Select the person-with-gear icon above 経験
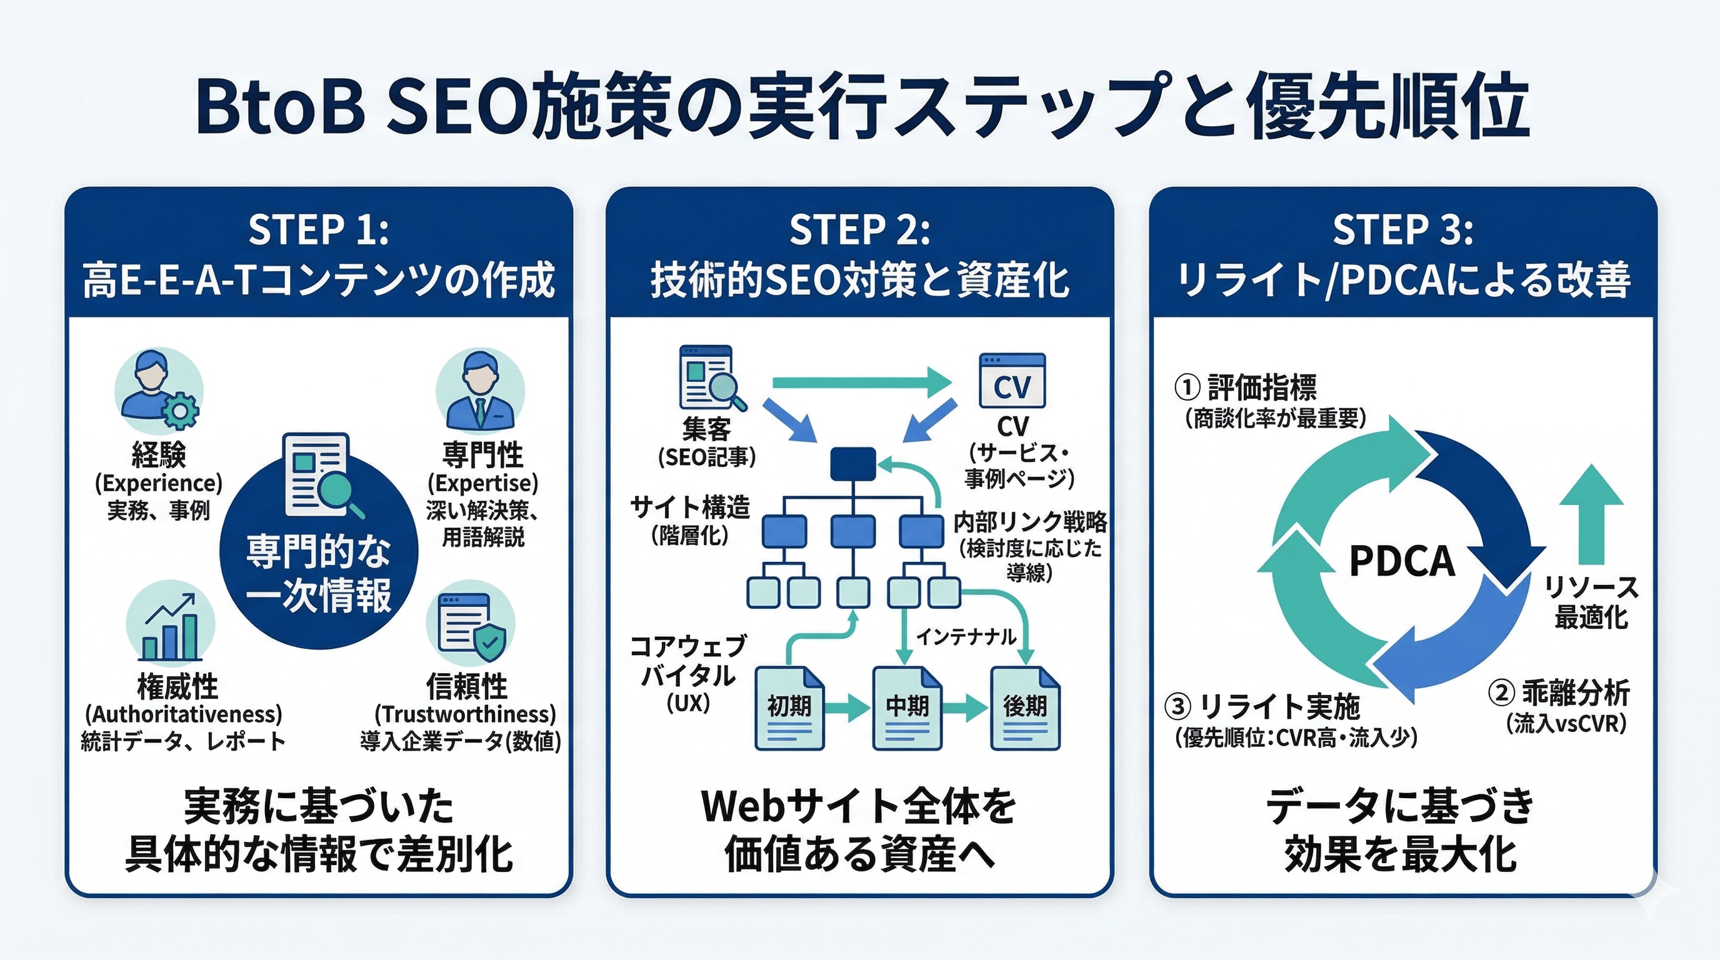tap(159, 391)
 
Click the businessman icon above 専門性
tap(480, 391)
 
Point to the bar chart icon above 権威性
tap(170, 624)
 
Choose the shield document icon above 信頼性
tap(471, 624)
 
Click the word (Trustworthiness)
tap(466, 714)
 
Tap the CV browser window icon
tap(1012, 381)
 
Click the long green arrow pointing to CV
tap(861, 382)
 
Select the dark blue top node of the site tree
tap(852, 464)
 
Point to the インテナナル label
tap(966, 637)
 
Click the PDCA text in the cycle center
tap(1401, 561)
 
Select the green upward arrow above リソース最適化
tap(1591, 514)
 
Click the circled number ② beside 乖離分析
tap(1501, 693)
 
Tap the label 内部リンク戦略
tap(1030, 521)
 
